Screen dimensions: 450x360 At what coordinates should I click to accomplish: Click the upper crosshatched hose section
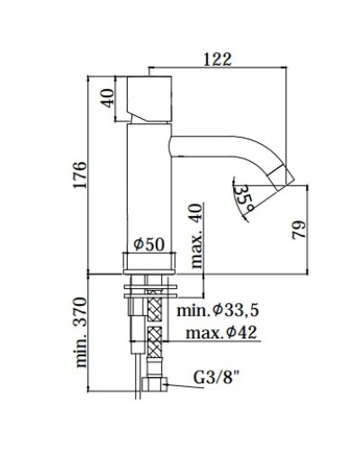pos(154,314)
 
